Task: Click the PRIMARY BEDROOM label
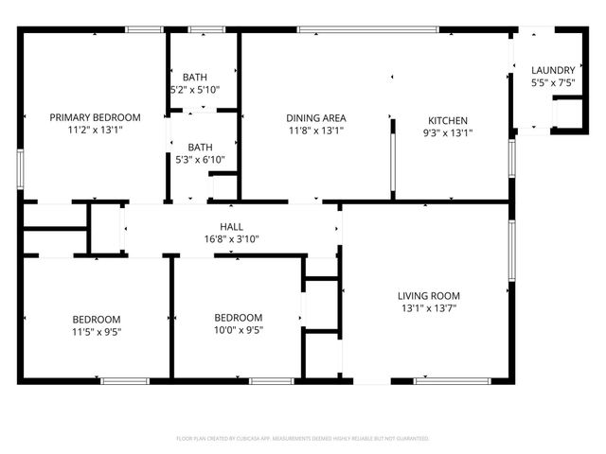point(95,117)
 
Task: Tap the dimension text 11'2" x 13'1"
point(95,130)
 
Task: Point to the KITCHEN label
point(448,120)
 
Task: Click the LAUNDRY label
point(552,70)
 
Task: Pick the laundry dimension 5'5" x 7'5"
point(552,82)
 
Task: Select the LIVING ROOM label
point(428,295)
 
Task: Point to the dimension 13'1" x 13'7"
point(428,307)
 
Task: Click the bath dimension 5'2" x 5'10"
point(195,90)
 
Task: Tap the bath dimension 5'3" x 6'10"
point(200,160)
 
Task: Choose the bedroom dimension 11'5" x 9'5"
point(96,331)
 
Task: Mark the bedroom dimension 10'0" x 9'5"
point(239,330)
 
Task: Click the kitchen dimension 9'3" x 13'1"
point(448,132)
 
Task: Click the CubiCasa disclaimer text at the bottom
point(303,439)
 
